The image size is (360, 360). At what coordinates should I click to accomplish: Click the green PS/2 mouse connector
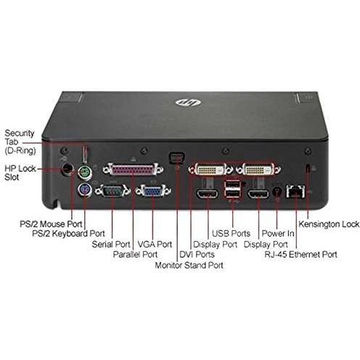point(84,173)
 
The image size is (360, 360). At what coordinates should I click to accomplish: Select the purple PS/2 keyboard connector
point(85,190)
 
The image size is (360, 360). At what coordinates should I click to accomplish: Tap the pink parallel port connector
point(133,169)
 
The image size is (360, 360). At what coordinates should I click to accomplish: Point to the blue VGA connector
point(153,191)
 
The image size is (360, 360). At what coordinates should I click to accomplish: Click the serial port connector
point(112,191)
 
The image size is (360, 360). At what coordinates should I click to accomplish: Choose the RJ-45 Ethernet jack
point(295,192)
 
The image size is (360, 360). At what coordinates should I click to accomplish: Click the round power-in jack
point(277,192)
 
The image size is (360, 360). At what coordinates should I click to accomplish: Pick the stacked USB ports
point(232,189)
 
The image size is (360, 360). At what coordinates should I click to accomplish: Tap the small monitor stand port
point(177,158)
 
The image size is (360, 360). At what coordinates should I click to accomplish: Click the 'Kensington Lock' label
point(329,224)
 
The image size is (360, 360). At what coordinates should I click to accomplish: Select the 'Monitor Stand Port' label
point(189,265)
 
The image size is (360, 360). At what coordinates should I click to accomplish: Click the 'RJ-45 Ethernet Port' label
point(300,255)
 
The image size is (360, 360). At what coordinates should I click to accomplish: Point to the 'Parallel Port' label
point(135,254)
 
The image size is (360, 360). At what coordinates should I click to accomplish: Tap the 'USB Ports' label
point(231,234)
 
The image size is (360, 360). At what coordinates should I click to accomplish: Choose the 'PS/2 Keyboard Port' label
point(68,234)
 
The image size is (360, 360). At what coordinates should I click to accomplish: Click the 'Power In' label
point(278,234)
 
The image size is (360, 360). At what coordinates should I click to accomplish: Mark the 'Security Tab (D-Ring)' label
point(20,142)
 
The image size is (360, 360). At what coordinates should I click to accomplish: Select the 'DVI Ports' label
point(197,255)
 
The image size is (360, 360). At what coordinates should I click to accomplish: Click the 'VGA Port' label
point(155,244)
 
